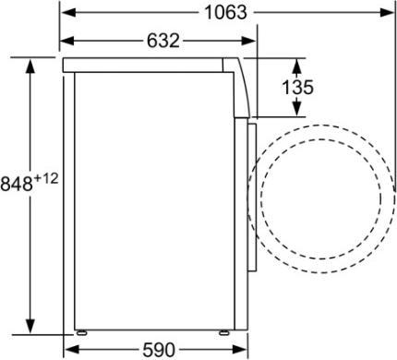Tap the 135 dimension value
(297, 88)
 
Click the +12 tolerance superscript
(47, 178)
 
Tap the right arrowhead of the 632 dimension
(251, 42)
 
